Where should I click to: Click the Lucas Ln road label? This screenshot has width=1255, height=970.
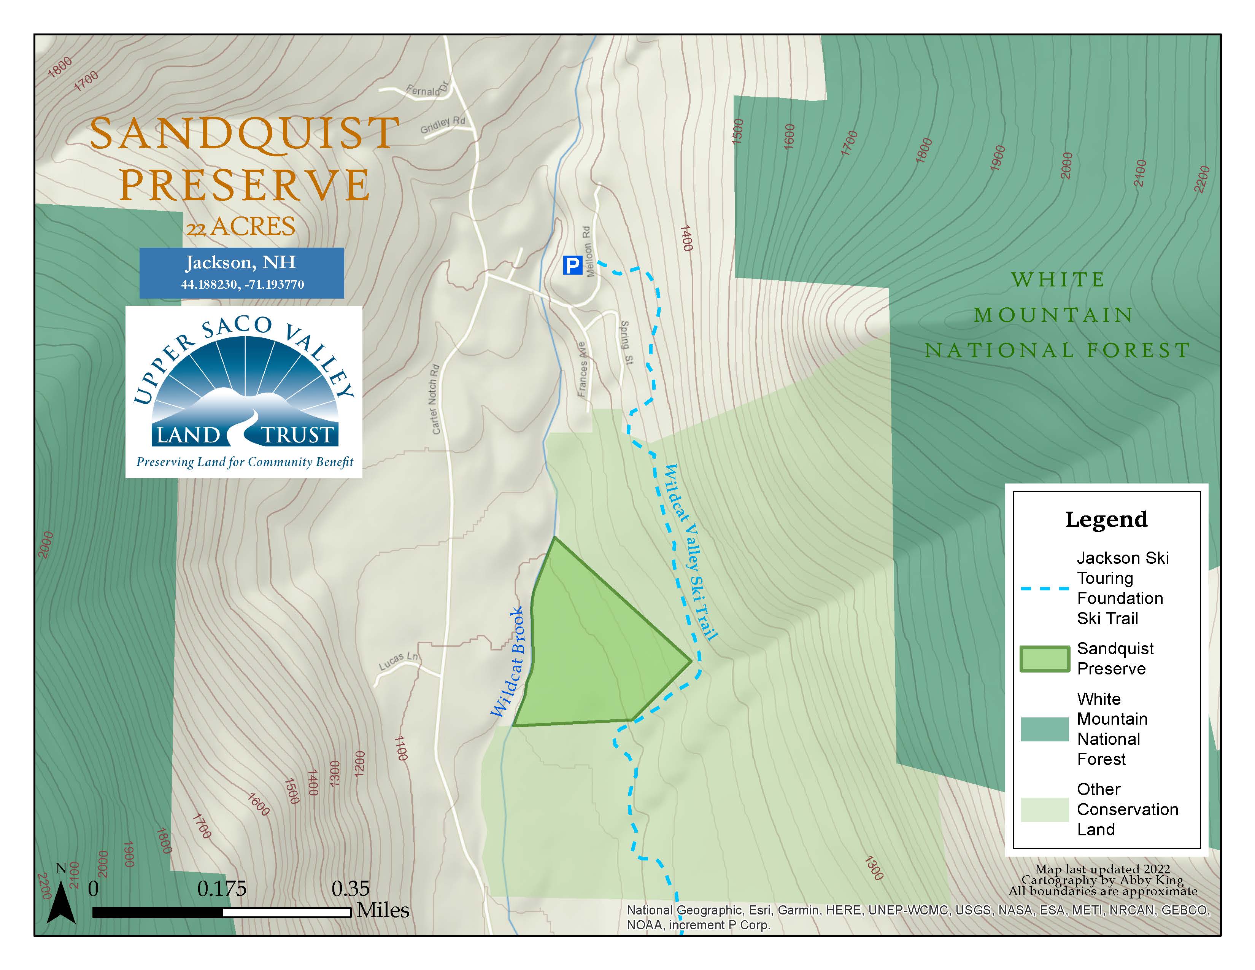pos(398,661)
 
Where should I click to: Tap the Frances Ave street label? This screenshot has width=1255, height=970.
pos(582,369)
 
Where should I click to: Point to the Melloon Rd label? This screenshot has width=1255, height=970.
pos(587,251)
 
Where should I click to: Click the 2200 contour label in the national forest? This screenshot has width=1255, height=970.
pos(1201,179)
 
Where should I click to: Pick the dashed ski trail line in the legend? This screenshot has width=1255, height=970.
pos(1044,588)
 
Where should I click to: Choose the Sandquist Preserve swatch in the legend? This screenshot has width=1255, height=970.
pos(1044,658)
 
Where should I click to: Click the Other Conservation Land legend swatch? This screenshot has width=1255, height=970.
pos(1044,810)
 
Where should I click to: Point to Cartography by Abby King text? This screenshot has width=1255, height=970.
pos(1102,880)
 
